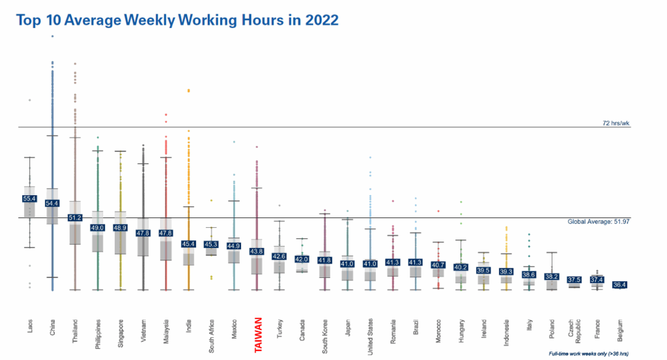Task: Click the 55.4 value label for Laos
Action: pyautogui.click(x=29, y=199)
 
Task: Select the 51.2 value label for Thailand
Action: pyautogui.click(x=75, y=217)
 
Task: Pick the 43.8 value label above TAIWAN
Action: pyautogui.click(x=257, y=251)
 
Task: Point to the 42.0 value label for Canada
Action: pyautogui.click(x=302, y=259)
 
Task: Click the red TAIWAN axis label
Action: pyautogui.click(x=258, y=334)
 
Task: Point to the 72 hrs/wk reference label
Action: pyautogui.click(x=616, y=123)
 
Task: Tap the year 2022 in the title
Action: pyautogui.click(x=320, y=20)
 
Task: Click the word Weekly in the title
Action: pyautogui.click(x=160, y=20)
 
